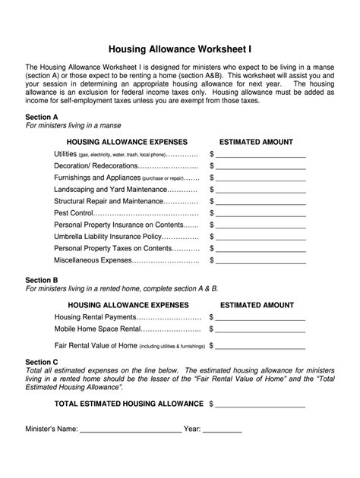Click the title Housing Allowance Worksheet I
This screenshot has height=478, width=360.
[x=180, y=49]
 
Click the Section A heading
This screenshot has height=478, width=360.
[x=42, y=118]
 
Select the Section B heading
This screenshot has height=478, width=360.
[x=42, y=280]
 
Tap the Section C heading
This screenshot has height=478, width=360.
[x=42, y=362]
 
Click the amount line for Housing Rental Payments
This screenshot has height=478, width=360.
[x=262, y=317]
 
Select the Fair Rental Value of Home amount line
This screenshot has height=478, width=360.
[x=262, y=346]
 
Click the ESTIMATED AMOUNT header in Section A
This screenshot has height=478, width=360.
[x=256, y=142]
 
